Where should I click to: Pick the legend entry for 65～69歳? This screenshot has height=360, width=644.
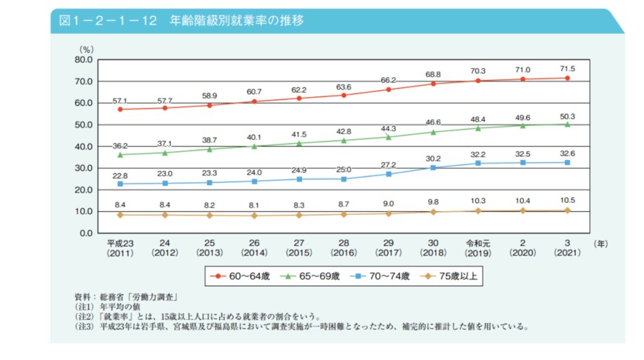pyautogui.click(x=312, y=276)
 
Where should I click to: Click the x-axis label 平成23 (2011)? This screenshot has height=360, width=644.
pyautogui.click(x=120, y=247)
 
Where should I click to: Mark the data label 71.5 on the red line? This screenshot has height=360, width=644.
pyautogui.click(x=566, y=68)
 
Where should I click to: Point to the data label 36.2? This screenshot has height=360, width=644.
pyautogui.click(x=120, y=146)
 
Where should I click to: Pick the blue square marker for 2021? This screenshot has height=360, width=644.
pyautogui.click(x=566, y=162)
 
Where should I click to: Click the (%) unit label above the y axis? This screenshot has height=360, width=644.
pyautogui.click(x=87, y=48)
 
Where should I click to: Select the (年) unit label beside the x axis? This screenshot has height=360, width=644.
pyautogui.click(x=600, y=241)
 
